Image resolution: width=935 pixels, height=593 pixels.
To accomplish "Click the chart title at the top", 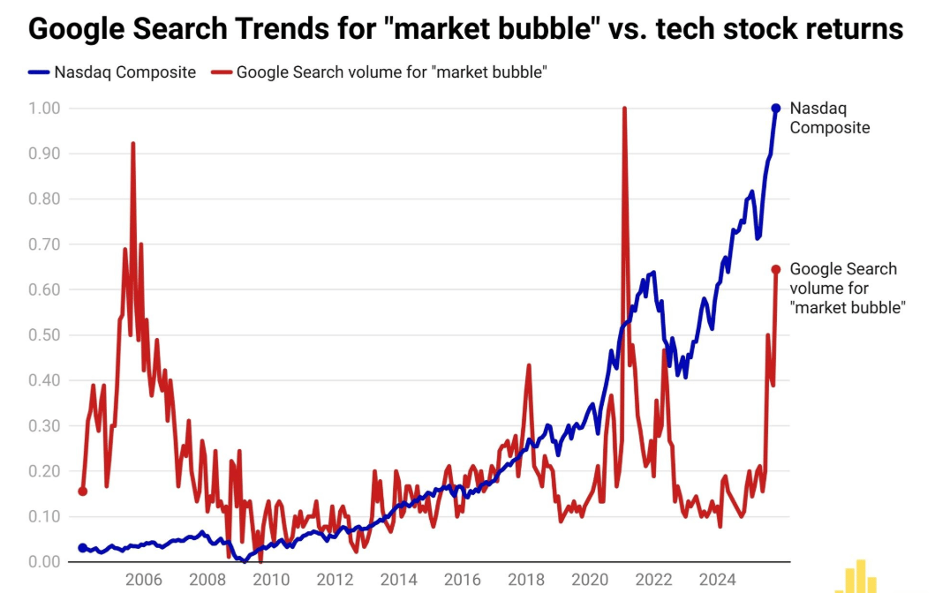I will pyautogui.click(x=466, y=28).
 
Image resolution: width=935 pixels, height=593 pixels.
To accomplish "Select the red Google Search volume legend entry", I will pyautogui.click(x=380, y=72).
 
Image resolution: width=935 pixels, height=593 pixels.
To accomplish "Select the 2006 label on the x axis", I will pyautogui.click(x=143, y=580).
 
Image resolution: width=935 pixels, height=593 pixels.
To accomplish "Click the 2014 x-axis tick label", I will pyautogui.click(x=399, y=580).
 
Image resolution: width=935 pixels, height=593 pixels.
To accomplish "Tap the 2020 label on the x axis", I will pyautogui.click(x=590, y=580).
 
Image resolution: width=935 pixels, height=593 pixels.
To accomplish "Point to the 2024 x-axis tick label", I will pyautogui.click(x=717, y=580).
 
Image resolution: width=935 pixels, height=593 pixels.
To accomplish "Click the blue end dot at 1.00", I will pyautogui.click(x=776, y=109).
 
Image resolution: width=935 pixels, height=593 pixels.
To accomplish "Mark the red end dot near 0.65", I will pyautogui.click(x=776, y=269).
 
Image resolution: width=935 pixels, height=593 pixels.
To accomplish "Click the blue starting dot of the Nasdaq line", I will pyautogui.click(x=83, y=548).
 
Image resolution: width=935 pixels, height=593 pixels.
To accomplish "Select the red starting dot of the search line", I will pyautogui.click(x=83, y=492).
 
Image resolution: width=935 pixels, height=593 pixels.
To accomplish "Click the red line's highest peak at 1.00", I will pyautogui.click(x=624, y=109).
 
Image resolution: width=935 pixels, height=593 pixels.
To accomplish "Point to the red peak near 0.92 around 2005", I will pyautogui.click(x=132, y=144).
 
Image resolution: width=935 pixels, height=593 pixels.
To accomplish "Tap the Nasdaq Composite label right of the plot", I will pyautogui.click(x=829, y=118).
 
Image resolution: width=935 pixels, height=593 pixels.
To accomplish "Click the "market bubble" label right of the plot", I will pyautogui.click(x=847, y=289).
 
